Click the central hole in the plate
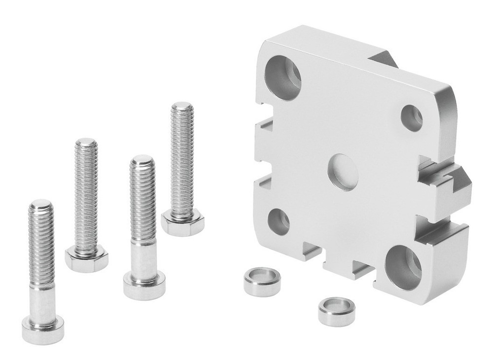(342, 172)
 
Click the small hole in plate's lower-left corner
(279, 221)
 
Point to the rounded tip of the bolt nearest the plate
(182, 107)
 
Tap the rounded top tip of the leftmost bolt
(40, 203)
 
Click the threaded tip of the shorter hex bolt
(86, 144)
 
